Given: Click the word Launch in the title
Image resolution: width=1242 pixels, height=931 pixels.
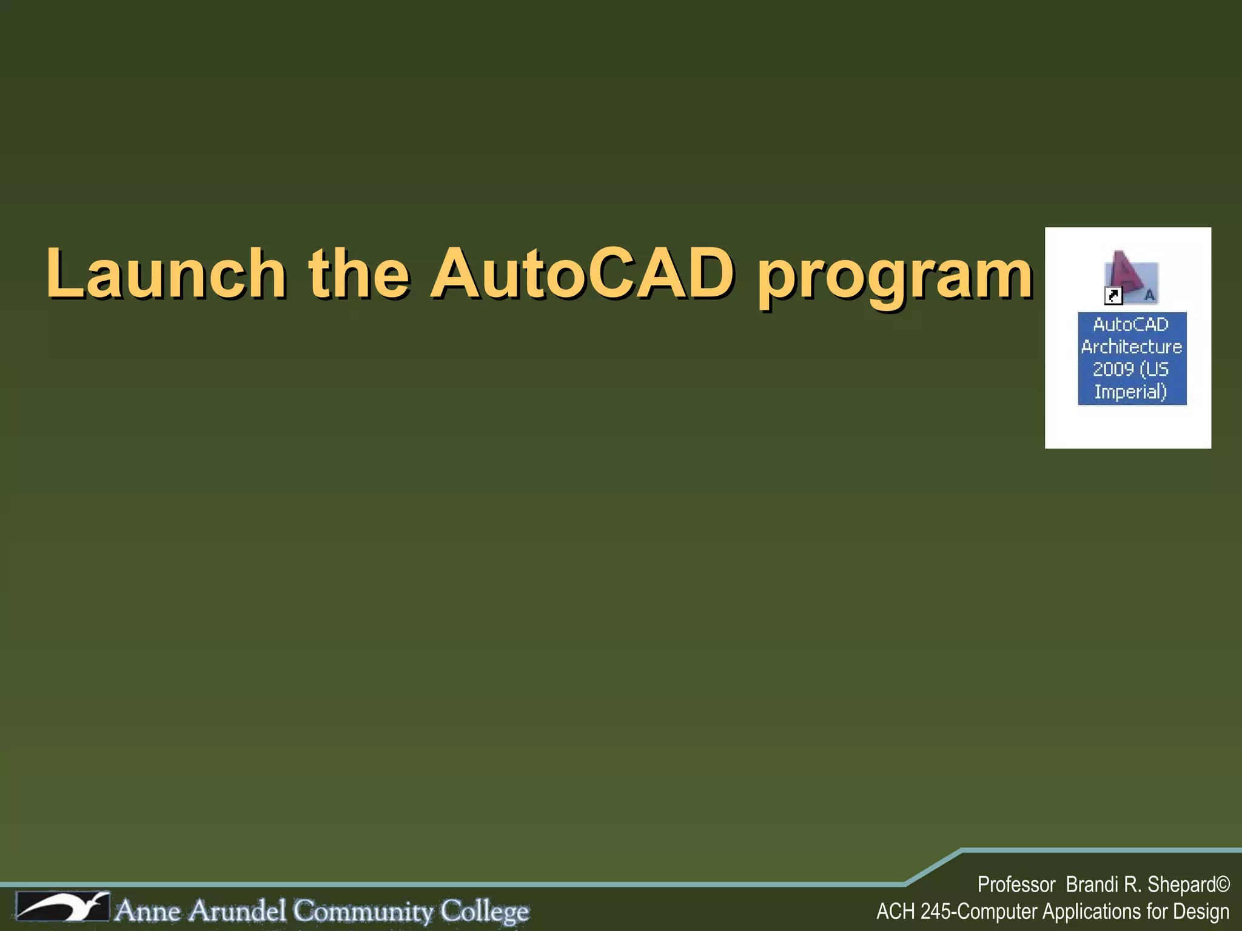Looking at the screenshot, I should (166, 274).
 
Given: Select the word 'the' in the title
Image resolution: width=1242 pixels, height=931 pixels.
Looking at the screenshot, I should (359, 274).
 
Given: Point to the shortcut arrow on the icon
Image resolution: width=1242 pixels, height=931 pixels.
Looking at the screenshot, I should (1114, 296).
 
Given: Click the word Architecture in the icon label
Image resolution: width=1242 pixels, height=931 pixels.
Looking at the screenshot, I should (1132, 347).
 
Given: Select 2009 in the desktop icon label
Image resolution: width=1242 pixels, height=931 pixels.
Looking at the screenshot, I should (1113, 369).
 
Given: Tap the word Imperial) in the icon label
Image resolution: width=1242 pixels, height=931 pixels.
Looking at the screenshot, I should (1130, 392).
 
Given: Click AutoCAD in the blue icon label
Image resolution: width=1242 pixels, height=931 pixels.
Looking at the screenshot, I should (1130, 324).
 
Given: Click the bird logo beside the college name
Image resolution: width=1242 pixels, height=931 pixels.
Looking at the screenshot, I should (62, 907).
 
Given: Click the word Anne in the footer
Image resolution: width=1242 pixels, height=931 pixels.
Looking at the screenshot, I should (148, 911).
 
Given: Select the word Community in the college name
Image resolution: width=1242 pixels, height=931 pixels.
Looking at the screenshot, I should (363, 911).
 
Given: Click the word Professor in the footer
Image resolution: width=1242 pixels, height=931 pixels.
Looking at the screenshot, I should (1016, 885).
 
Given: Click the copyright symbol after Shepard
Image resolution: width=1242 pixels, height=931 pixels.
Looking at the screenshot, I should (1223, 884).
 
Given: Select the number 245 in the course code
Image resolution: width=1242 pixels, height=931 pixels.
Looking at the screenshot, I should (936, 912).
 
